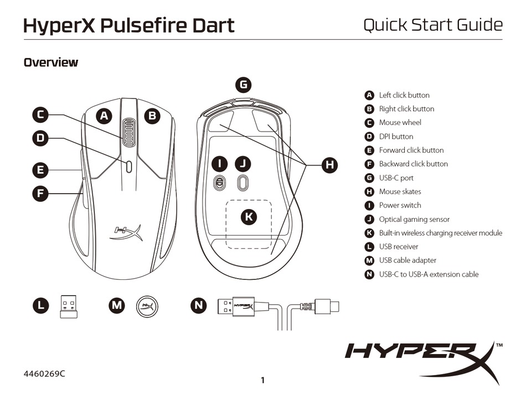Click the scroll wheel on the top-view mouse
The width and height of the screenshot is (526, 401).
[x=129, y=133]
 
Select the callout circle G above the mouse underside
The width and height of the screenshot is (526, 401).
[x=243, y=85]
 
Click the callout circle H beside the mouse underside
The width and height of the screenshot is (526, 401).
[x=329, y=164]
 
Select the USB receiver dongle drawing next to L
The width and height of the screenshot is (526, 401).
[x=69, y=306]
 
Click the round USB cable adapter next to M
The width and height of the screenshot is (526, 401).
[x=147, y=306]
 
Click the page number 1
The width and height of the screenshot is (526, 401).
[x=263, y=380]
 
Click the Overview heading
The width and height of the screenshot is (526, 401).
[x=50, y=63]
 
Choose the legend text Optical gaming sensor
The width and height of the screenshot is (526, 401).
[x=414, y=219]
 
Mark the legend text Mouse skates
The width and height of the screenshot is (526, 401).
[x=400, y=191]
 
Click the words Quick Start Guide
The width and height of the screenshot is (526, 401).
[x=432, y=25]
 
